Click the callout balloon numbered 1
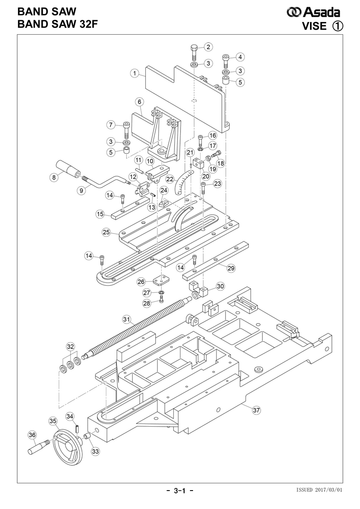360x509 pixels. (135, 73)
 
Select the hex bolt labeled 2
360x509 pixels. (193, 52)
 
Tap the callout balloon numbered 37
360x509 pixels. (256, 410)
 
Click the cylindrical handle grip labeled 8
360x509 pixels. (68, 169)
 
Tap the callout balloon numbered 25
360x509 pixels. (106, 232)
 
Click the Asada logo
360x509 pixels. (313, 12)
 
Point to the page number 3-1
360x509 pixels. (180, 491)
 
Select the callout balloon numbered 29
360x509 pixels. (231, 268)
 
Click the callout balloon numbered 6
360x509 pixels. (139, 102)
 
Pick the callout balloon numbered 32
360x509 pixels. (71, 347)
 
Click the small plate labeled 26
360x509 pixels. (161, 280)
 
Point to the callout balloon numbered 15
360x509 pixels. (100, 214)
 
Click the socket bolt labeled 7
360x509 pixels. (126, 130)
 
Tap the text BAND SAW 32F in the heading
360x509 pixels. (58, 24)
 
